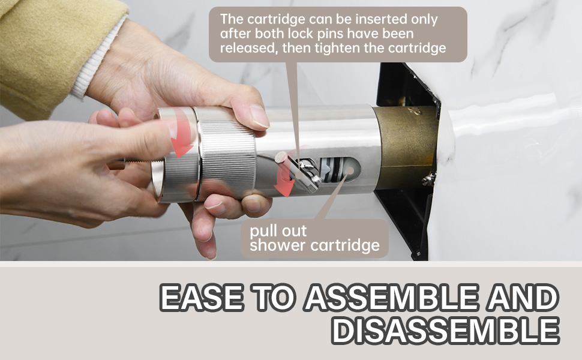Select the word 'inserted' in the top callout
(354, 19)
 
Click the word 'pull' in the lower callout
(262, 232)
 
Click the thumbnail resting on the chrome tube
(259, 116)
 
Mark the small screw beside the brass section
(428, 179)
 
